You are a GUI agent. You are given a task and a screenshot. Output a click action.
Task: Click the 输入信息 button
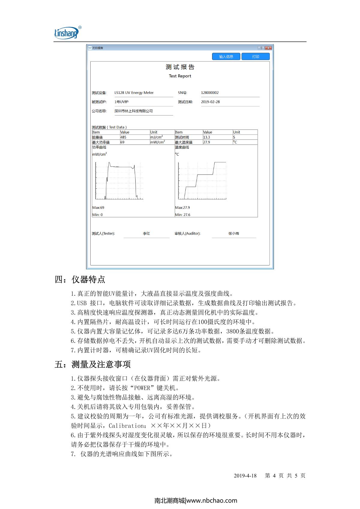pos(226,57)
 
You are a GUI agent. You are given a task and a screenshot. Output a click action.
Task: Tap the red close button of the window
pos(268,48)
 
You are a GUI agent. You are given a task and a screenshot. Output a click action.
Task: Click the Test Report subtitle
pos(180,76)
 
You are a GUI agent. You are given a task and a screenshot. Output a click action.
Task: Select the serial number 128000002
pos(210,93)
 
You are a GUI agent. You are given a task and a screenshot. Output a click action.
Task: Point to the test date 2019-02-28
pos(210,102)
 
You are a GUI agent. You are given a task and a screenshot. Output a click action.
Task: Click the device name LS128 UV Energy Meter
pos(134,93)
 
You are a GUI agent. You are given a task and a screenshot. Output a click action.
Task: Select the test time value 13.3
pos(206,137)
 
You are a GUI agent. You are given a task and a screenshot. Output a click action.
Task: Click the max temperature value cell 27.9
pos(206,142)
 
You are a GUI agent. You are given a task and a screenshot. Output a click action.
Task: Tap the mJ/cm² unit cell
pos(157,137)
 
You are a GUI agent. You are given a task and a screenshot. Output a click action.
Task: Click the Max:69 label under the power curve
pos(98,208)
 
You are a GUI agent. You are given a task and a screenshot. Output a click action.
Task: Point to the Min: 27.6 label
pos(183,215)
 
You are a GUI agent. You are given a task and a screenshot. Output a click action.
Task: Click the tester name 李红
pos(146,234)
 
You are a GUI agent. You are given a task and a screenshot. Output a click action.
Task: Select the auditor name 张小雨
pos(234,234)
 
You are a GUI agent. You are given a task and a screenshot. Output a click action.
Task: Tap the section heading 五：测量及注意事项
pos(93,364)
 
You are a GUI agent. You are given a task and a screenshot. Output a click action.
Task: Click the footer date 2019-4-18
pos(245,476)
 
